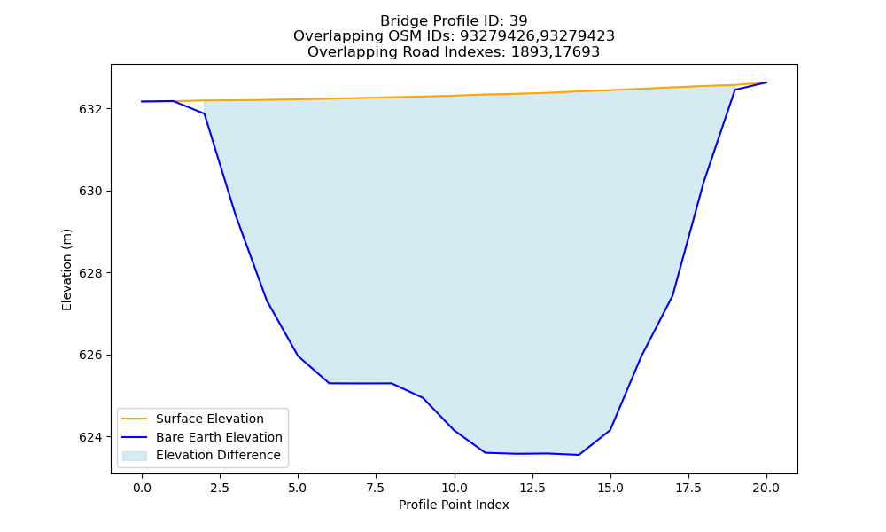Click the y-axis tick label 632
coord(91,109)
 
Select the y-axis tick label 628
coord(91,273)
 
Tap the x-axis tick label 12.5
coord(532,488)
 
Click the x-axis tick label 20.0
coord(766,488)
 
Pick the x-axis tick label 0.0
coord(142,488)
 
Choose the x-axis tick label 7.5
coord(376,488)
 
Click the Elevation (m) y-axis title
coord(66,270)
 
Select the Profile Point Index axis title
coord(454,505)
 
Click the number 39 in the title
coord(518,21)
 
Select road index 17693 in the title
coord(577,52)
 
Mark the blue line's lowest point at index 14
coord(579,455)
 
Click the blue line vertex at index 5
coord(298,356)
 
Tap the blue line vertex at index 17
coord(672,295)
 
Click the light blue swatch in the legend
coord(135,456)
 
